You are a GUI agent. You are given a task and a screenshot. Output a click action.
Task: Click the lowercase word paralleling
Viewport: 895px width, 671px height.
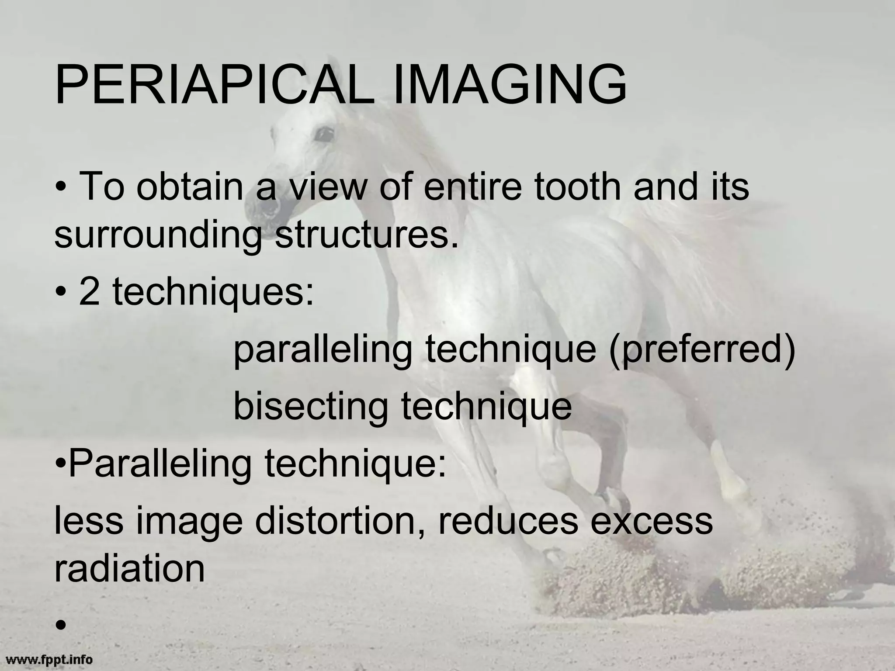pyautogui.click(x=323, y=349)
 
